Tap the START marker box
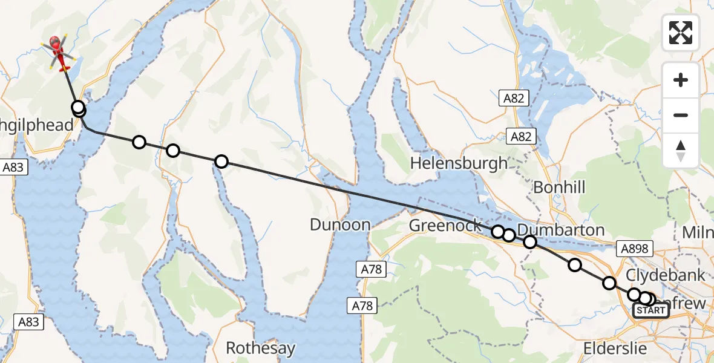pyautogui.click(x=650, y=311)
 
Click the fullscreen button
pyautogui.click(x=681, y=32)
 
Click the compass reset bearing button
pyautogui.click(x=681, y=151)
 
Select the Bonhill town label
pyautogui.click(x=558, y=188)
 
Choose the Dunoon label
pyautogui.click(x=339, y=225)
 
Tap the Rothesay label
pyautogui.click(x=260, y=348)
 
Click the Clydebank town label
pyautogui.click(x=665, y=275)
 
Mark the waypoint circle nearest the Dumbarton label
pyautogui.click(x=530, y=242)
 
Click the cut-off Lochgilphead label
pyautogui.click(x=36, y=125)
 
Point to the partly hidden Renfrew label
pyautogui.click(x=687, y=303)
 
